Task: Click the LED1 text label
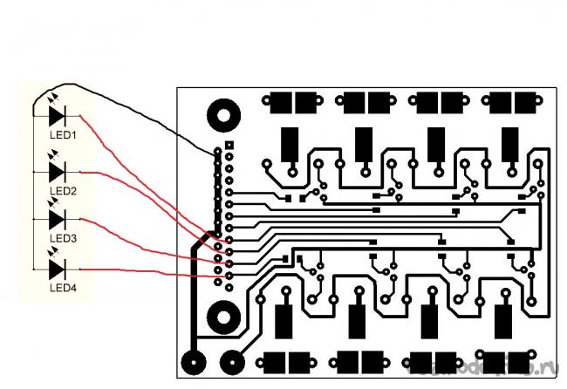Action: click(x=63, y=136)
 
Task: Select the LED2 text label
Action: click(x=63, y=190)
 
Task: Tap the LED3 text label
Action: click(x=63, y=238)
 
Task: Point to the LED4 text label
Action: click(x=63, y=287)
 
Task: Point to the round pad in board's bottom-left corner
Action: click(x=193, y=361)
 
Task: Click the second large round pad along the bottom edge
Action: click(x=232, y=361)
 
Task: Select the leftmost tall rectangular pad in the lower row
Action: click(x=284, y=321)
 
